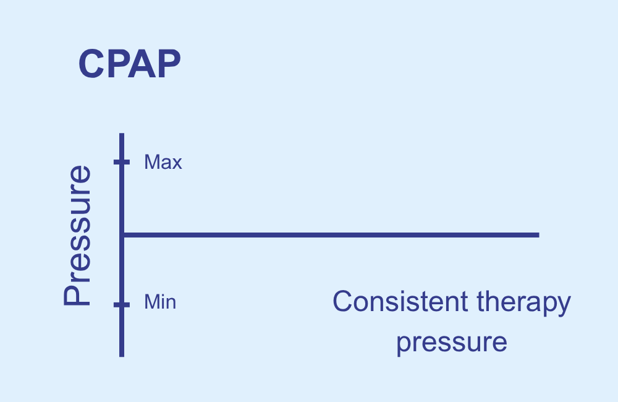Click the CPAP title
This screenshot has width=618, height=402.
(x=129, y=64)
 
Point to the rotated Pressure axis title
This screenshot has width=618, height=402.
(x=78, y=236)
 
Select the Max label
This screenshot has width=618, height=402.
(x=163, y=162)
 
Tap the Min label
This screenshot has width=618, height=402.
(x=160, y=302)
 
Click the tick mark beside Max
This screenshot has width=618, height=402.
(x=121, y=162)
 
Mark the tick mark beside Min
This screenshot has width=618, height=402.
(x=121, y=304)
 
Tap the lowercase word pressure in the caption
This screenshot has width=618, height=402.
(x=452, y=343)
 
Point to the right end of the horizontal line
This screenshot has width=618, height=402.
(x=539, y=235)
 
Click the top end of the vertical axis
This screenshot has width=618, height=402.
(x=121, y=134)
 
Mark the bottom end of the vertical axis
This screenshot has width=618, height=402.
(x=121, y=357)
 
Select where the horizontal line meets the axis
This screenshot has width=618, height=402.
(x=122, y=235)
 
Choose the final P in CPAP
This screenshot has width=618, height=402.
(x=169, y=64)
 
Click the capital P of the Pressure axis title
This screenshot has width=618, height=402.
(x=78, y=294)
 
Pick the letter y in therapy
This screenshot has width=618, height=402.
(x=565, y=307)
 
